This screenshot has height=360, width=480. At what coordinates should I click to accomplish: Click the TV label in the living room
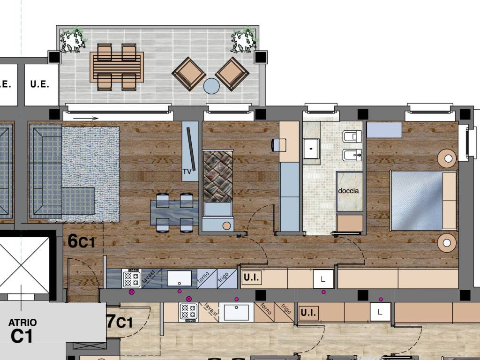(x=187, y=172)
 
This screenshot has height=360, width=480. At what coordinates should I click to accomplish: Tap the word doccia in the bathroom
(x=348, y=191)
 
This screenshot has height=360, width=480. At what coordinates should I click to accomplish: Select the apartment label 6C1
(x=81, y=241)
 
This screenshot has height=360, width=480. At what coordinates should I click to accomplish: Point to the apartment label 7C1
(x=120, y=322)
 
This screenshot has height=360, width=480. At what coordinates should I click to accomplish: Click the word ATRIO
(x=22, y=322)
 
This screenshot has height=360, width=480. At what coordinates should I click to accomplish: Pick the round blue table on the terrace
(x=211, y=86)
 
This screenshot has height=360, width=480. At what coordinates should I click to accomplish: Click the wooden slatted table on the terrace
(x=117, y=67)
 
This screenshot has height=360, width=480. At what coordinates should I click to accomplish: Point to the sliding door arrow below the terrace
(x=86, y=118)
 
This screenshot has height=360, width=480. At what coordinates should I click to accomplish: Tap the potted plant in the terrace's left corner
(x=73, y=40)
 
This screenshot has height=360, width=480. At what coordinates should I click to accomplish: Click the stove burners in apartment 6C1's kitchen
(x=132, y=279)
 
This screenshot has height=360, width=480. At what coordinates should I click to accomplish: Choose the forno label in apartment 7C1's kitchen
(x=265, y=309)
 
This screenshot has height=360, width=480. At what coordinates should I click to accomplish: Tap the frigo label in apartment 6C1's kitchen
(x=223, y=277)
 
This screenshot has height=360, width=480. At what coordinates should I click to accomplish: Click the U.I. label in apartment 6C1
(x=251, y=277)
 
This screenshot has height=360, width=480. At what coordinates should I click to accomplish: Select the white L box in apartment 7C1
(x=380, y=312)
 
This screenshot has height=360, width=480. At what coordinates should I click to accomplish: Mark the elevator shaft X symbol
(x=24, y=265)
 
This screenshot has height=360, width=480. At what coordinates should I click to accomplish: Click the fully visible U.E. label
(x=40, y=84)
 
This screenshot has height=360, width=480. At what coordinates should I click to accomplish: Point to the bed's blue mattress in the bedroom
(x=417, y=201)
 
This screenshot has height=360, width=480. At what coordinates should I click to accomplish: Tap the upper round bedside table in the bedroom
(x=447, y=158)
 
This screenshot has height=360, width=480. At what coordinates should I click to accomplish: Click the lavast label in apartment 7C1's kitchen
(x=210, y=309)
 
